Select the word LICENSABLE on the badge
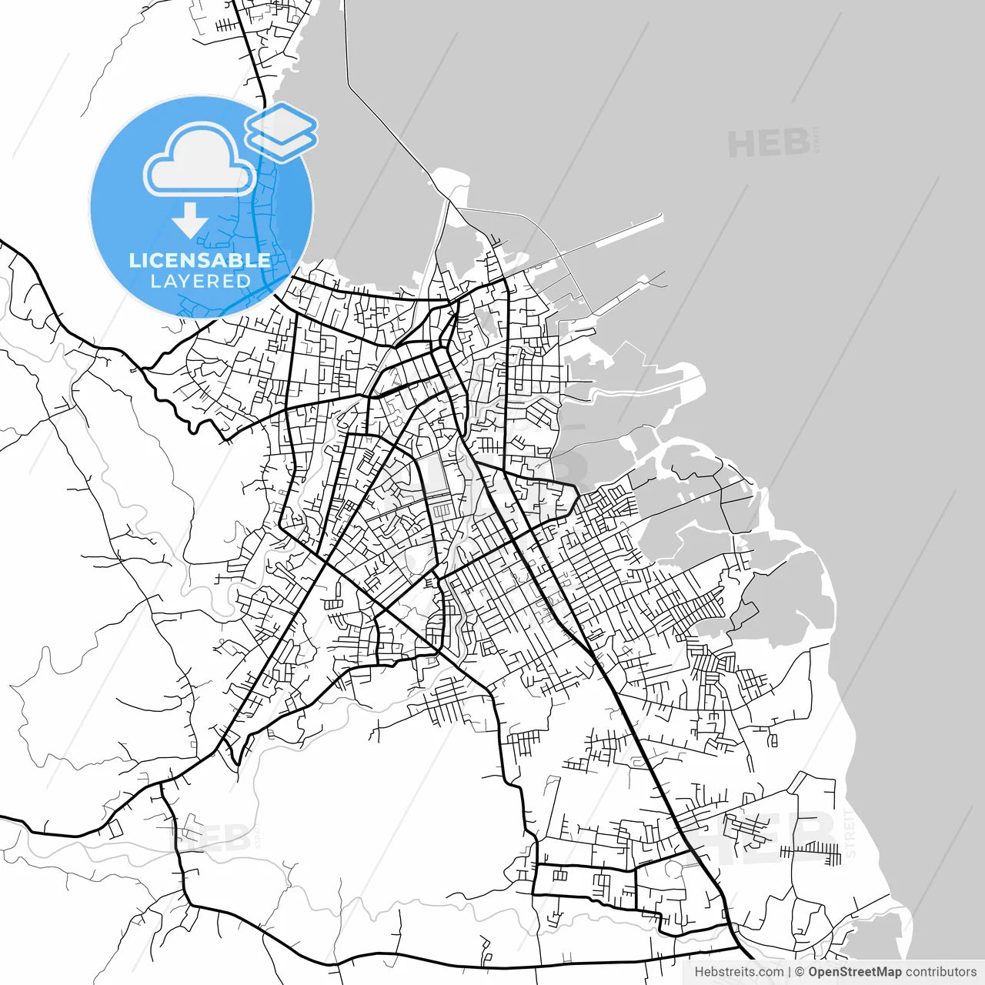(x=200, y=260)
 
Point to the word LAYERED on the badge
(x=200, y=282)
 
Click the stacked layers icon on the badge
(x=282, y=132)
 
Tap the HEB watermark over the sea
(x=769, y=143)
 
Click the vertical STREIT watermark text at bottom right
(x=850, y=833)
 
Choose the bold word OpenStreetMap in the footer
(x=854, y=972)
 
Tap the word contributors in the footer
(x=940, y=972)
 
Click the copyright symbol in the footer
(x=800, y=972)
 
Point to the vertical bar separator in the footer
(x=790, y=972)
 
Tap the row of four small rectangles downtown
(x=441, y=510)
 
